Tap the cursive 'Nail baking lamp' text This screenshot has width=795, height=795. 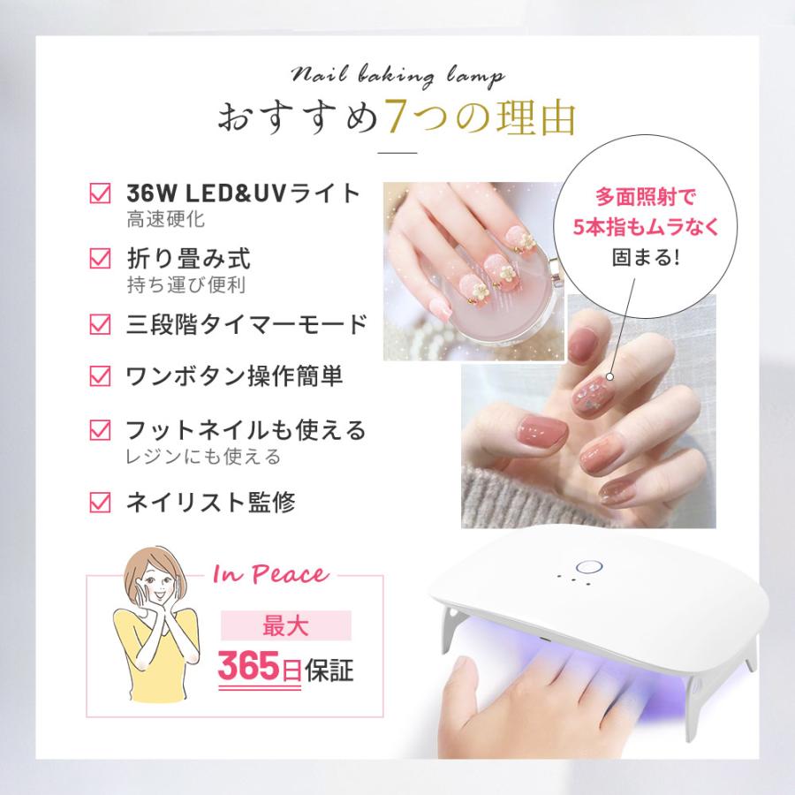click(x=397, y=77)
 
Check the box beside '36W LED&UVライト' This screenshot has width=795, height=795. click(x=101, y=193)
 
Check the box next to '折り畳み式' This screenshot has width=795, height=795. click(x=101, y=259)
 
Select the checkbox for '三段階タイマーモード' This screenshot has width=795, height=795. click(x=101, y=324)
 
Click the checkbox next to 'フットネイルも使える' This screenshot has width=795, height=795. click(x=101, y=430)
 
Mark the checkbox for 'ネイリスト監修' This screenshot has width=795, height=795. click(x=101, y=503)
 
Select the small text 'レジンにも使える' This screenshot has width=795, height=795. click(x=203, y=457)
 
